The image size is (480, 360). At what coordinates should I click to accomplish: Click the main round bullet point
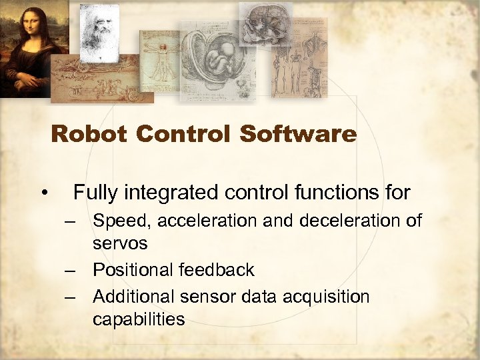(43, 194)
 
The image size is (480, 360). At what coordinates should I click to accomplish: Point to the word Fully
(95, 193)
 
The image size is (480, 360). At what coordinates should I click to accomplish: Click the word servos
(120, 244)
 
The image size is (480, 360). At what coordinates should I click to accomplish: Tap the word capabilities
(139, 319)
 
